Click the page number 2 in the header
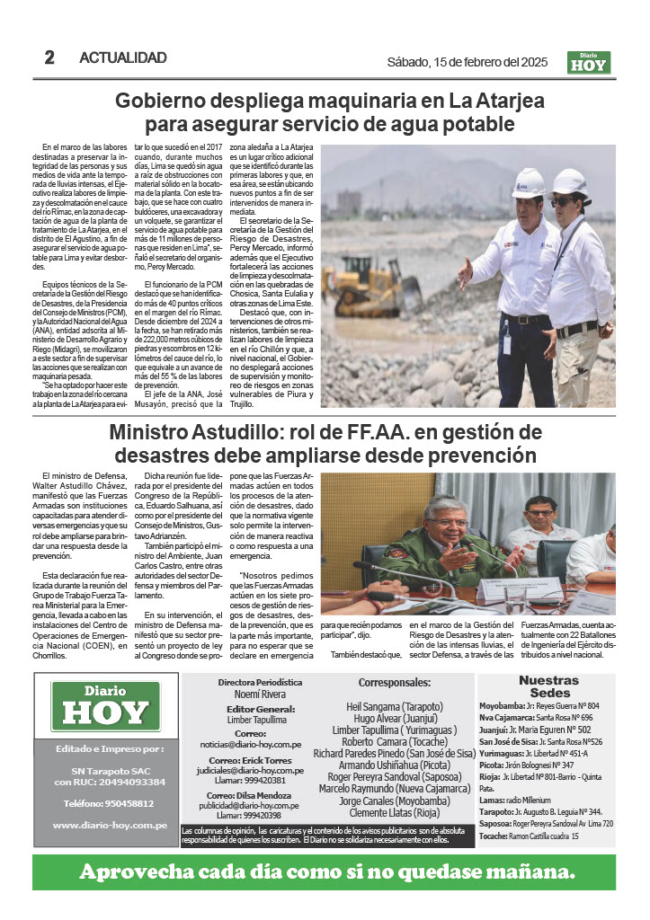click(x=49, y=57)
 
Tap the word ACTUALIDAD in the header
click(x=123, y=58)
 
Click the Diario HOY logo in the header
click(x=589, y=62)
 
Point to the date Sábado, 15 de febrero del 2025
click(x=467, y=62)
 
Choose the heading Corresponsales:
click(x=395, y=683)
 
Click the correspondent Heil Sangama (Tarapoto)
click(x=395, y=707)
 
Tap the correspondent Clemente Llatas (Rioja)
click(x=395, y=813)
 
